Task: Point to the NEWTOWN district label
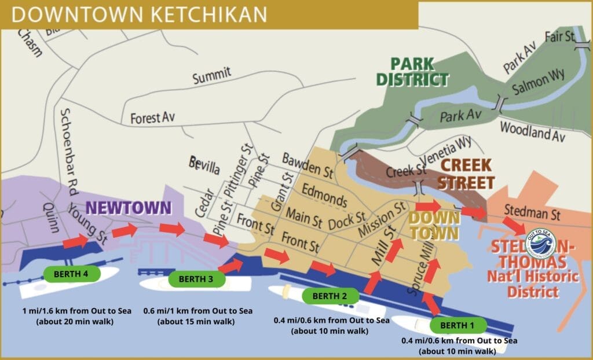(x=129, y=208)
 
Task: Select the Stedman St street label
(x=532, y=215)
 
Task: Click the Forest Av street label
(x=152, y=117)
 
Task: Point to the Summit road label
(x=212, y=74)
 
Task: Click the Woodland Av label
(x=532, y=131)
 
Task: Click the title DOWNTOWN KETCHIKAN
(x=140, y=14)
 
